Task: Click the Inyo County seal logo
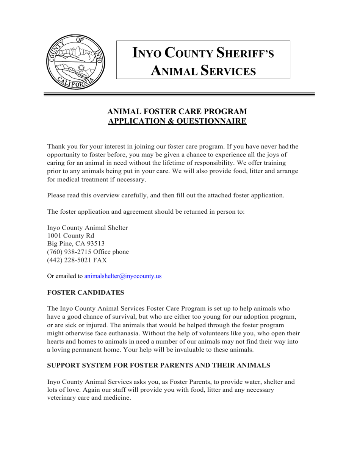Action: [75, 62]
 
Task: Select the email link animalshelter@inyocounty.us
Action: [123, 276]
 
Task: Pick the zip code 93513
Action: [95, 244]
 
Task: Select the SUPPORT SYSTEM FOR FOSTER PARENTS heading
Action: [158, 366]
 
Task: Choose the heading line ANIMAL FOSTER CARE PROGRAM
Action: [177, 111]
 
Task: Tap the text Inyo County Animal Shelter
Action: [87, 228]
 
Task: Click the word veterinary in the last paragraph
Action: [61, 398]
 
